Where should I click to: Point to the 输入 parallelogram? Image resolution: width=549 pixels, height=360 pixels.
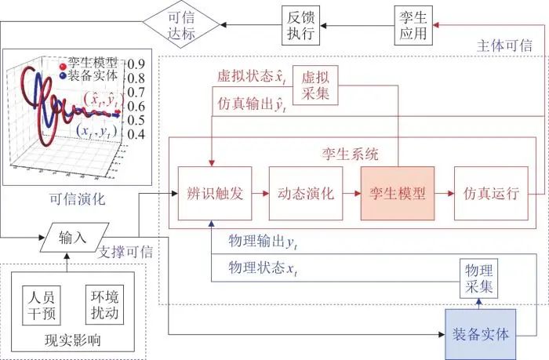pos(72,237)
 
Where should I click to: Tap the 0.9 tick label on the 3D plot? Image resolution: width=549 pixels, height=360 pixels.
pos(137,65)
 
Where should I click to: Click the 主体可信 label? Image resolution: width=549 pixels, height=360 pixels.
pos(504,45)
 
